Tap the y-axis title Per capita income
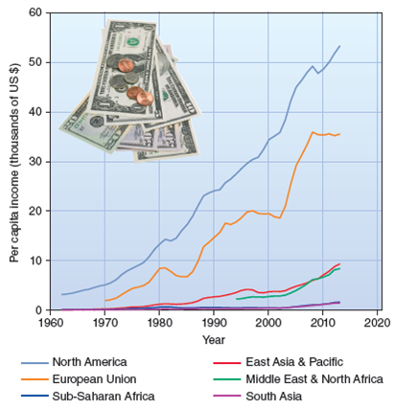[x=14, y=161]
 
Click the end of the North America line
[x=339, y=46]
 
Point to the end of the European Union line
[x=339, y=134]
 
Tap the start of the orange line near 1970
[x=105, y=301]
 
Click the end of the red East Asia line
[x=339, y=263]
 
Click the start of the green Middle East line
[x=236, y=299]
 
